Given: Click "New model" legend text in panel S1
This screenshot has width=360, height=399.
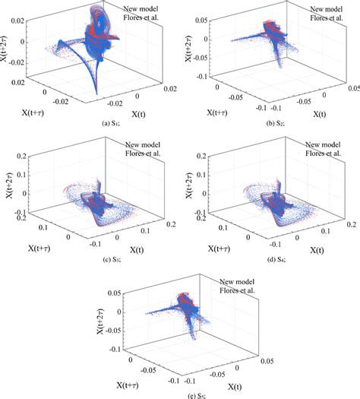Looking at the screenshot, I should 143,8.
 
